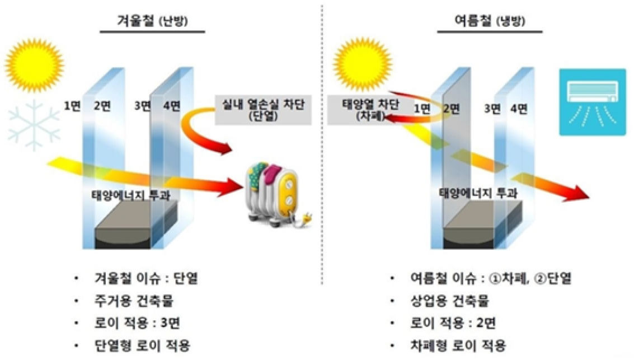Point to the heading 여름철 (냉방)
(x=490, y=22)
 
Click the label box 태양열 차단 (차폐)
(x=360, y=110)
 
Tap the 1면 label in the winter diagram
(x=72, y=106)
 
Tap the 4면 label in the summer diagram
(x=518, y=109)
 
